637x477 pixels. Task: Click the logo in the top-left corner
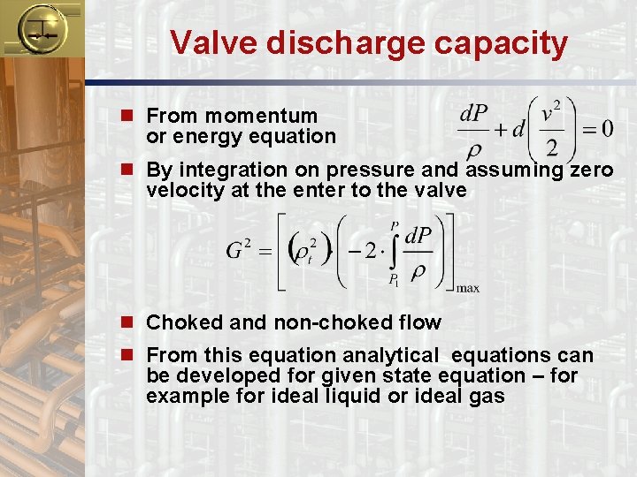39,29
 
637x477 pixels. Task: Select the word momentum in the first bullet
274,116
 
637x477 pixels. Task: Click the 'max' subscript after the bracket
468,288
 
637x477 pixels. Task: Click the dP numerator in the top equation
474,115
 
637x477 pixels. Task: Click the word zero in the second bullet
591,170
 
